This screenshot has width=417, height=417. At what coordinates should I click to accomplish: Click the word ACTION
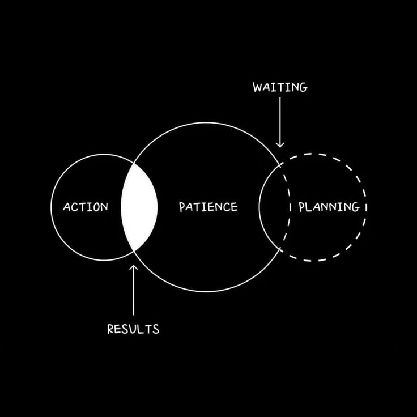tap(85, 207)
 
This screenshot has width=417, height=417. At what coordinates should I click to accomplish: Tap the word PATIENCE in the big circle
tap(208, 207)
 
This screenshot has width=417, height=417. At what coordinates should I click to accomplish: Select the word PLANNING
tap(329, 207)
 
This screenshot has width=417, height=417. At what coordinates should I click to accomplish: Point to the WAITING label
tap(280, 87)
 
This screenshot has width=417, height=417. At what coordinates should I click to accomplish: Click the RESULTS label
tap(133, 329)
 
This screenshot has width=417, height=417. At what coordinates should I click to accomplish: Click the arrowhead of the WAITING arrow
tap(280, 144)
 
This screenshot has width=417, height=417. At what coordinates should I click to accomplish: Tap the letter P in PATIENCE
tap(182, 207)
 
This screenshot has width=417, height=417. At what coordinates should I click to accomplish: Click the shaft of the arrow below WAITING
tap(280, 119)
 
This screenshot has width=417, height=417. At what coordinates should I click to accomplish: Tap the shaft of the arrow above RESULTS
tap(133, 292)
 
